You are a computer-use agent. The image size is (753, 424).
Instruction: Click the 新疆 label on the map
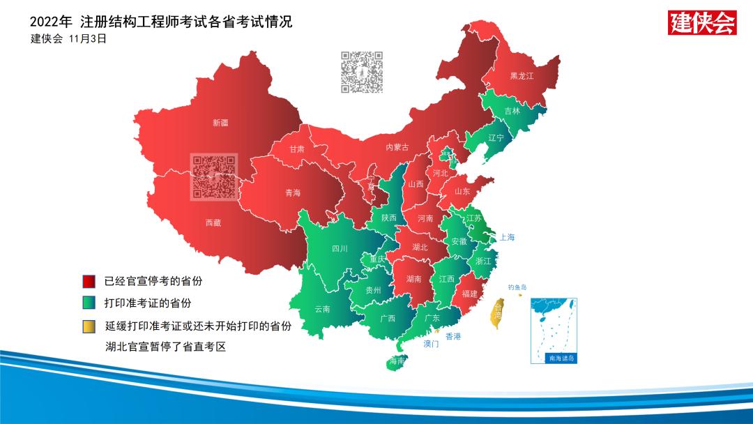pos(220,123)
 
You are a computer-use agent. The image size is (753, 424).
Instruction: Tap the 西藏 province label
pos(213,223)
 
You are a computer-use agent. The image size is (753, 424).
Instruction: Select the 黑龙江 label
pos(522,76)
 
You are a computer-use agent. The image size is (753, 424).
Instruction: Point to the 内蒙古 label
pos(397,147)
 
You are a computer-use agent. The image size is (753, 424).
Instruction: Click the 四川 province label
pos(340,248)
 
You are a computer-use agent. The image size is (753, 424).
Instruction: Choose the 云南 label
pos(322,309)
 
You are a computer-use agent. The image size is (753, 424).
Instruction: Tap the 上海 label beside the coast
pos(507,238)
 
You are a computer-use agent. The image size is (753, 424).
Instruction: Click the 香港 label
pos(453,336)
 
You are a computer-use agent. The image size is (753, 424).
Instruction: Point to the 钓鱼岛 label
pos(517,287)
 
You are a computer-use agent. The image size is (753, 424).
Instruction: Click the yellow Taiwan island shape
pos(498,312)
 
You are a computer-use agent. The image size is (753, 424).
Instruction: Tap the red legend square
pos(89,282)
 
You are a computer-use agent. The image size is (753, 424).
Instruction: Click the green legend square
pos(89,303)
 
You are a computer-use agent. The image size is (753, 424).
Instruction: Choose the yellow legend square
pos(89,326)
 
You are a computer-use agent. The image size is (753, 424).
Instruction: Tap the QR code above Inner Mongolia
pos(362,72)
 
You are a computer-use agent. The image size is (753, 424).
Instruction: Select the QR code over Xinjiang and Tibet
pos(214,176)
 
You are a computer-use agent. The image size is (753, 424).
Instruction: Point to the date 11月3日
pos(88,39)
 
